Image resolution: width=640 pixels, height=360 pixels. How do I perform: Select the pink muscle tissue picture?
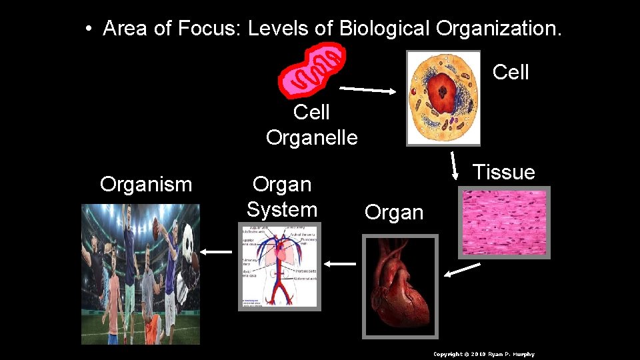(x=503, y=223)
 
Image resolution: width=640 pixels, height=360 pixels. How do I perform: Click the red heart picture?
(x=400, y=287)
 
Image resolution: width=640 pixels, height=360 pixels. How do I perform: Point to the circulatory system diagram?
(x=280, y=267)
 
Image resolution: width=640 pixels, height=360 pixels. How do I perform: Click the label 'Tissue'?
(x=503, y=173)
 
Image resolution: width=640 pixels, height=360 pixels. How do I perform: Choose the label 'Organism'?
(x=146, y=184)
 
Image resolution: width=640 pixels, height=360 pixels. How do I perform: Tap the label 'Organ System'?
(x=281, y=197)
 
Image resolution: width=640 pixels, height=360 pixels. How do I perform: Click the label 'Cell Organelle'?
(x=311, y=125)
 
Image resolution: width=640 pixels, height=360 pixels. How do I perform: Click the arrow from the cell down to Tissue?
(x=455, y=166)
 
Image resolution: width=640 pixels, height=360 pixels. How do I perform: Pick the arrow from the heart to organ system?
(x=341, y=264)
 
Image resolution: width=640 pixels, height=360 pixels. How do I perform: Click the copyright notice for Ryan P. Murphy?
(x=483, y=354)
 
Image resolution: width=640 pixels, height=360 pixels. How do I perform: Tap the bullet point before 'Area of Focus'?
(x=88, y=29)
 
